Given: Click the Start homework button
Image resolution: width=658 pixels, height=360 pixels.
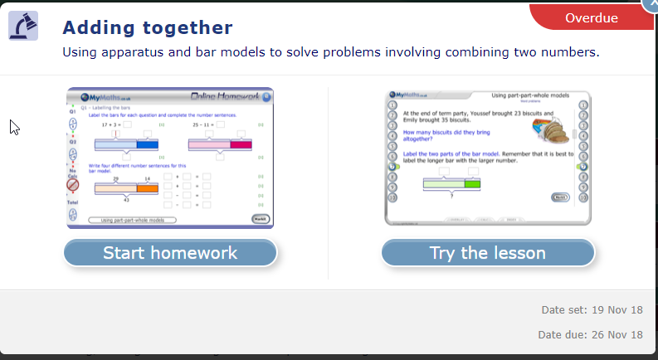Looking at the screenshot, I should (x=170, y=253).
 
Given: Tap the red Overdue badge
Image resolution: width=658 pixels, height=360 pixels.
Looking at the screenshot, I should (x=591, y=17).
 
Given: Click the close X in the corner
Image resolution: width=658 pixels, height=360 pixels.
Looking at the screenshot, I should (x=652, y=4).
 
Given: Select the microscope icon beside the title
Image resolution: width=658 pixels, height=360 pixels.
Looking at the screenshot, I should (x=23, y=27).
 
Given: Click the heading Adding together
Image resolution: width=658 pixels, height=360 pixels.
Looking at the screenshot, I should (x=148, y=27).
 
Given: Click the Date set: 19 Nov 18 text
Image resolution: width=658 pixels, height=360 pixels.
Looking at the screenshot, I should (x=592, y=310).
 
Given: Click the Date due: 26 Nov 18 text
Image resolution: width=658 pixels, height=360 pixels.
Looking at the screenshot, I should (x=590, y=335).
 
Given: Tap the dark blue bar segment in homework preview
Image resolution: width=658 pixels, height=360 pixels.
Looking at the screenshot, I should (x=147, y=145).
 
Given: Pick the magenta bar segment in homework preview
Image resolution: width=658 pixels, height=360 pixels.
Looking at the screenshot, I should (x=241, y=145).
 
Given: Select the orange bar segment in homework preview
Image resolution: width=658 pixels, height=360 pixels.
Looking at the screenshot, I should (x=147, y=189).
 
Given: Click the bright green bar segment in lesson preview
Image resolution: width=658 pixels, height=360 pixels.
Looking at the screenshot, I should (x=472, y=183).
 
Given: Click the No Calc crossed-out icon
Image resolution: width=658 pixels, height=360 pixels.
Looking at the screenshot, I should (x=73, y=185).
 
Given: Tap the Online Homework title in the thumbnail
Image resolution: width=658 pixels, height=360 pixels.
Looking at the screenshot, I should (x=225, y=97).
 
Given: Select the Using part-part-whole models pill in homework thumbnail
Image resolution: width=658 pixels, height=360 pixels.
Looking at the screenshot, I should (x=134, y=221).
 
